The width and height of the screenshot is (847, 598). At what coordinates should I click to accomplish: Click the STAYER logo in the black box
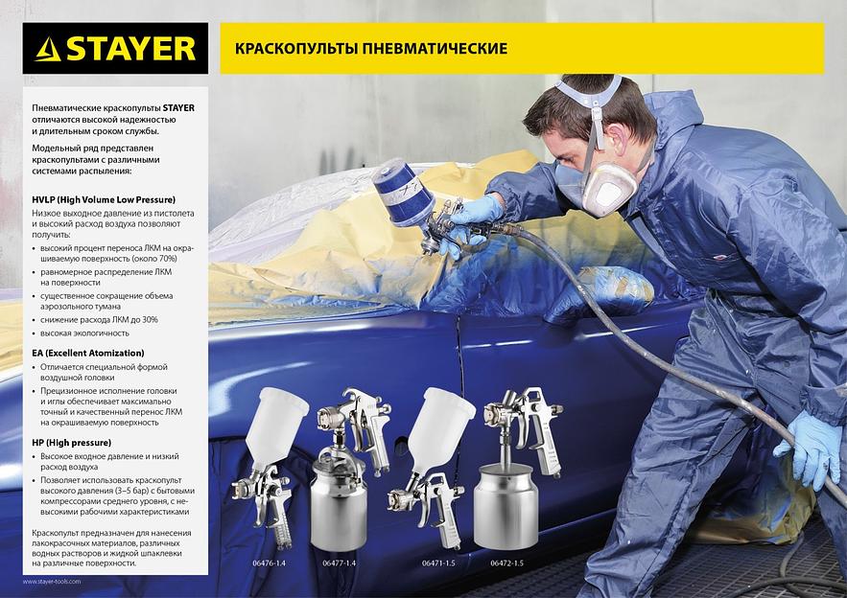[x=115, y=49]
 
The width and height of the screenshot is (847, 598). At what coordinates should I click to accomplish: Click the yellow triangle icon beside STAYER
[x=48, y=50]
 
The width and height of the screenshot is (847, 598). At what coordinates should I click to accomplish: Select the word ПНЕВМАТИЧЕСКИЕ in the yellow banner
[x=435, y=49]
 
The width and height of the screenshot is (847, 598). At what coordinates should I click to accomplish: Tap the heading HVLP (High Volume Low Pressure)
[x=104, y=199]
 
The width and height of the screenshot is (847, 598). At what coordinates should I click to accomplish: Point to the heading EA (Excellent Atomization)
[x=88, y=353]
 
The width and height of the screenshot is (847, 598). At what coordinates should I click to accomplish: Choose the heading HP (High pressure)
[x=71, y=443]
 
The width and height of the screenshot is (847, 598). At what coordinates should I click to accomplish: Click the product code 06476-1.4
[x=269, y=563]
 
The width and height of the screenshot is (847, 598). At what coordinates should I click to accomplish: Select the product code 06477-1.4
[x=340, y=563]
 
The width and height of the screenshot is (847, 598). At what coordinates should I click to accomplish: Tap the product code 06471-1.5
[x=438, y=563]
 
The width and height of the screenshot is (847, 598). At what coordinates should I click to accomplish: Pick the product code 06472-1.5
[x=507, y=563]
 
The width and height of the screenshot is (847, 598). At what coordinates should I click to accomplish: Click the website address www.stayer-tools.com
[x=52, y=582]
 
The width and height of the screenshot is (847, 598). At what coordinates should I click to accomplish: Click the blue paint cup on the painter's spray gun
[x=403, y=192]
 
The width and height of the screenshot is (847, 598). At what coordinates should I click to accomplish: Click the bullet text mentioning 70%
[x=117, y=254]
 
